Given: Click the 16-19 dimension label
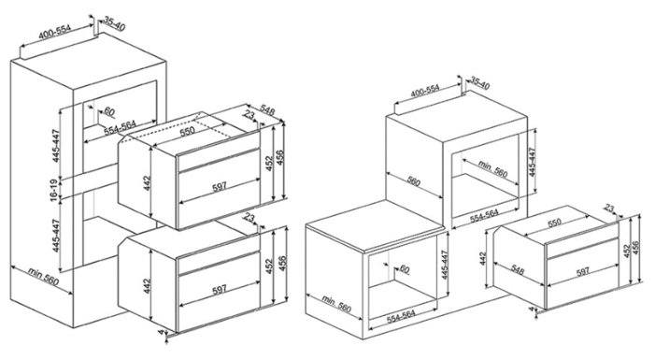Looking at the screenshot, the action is [54, 190].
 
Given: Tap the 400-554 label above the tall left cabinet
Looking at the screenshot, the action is [55, 32].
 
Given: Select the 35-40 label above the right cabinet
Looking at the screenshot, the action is [480, 83].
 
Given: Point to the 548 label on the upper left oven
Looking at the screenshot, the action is [267, 108].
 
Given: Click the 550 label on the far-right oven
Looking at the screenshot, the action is [554, 223].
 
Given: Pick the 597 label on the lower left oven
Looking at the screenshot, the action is [220, 289].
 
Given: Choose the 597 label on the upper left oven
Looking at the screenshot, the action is [220, 186].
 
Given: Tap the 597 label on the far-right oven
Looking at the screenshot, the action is [583, 271].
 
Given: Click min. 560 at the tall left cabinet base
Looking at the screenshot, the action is [43, 277].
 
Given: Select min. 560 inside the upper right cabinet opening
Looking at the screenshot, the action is [492, 168].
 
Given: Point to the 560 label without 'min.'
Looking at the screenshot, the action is [413, 181].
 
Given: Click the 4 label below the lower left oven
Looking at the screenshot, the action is [161, 332].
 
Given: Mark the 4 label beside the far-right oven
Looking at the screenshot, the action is [532, 309].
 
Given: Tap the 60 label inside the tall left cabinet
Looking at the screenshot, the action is [109, 111].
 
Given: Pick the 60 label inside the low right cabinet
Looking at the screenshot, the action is [405, 269].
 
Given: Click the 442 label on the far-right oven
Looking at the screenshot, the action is [483, 259].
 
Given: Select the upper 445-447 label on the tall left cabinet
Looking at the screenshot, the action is [56, 146].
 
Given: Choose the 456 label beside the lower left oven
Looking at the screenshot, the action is [282, 264].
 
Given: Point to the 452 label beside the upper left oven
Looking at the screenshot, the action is [269, 163].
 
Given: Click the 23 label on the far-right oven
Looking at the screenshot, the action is [609, 209].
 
